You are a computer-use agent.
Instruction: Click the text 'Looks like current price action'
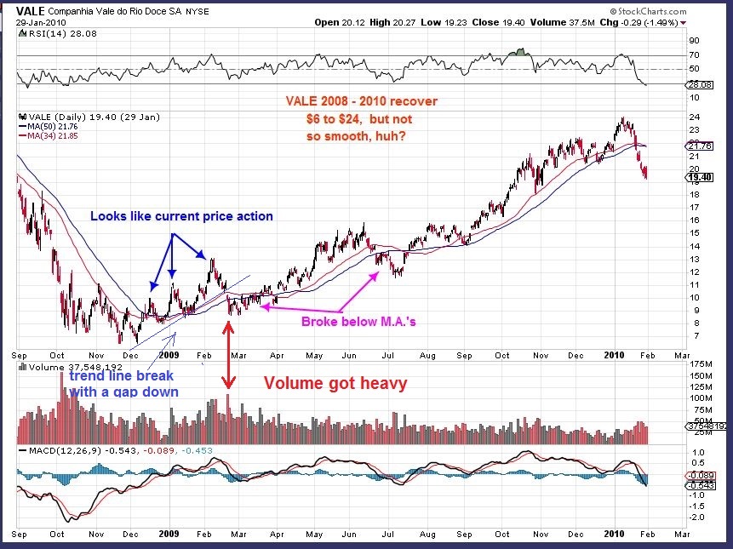[181, 216]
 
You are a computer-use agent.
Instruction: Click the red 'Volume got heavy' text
[335, 383]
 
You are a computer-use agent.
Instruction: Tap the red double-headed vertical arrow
[228, 357]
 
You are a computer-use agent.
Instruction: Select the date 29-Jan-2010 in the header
[36, 22]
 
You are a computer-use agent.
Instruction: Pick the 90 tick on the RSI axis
[693, 40]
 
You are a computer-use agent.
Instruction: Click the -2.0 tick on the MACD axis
[698, 517]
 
